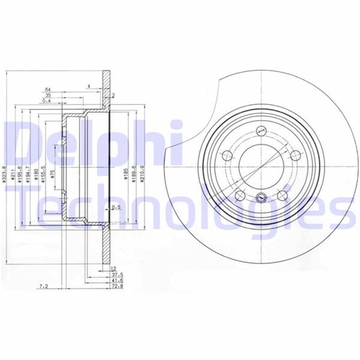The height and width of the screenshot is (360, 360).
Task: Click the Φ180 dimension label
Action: pos(36,175)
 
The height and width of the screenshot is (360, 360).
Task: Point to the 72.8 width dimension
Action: pos(117,286)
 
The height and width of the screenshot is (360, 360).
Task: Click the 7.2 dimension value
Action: pos(44,287)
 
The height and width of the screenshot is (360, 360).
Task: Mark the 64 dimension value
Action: pos(47,90)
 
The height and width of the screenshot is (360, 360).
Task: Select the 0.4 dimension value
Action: pos(46,101)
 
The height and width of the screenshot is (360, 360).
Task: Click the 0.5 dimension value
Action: pos(116,207)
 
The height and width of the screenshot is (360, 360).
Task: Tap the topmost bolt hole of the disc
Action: pos(261,131)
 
